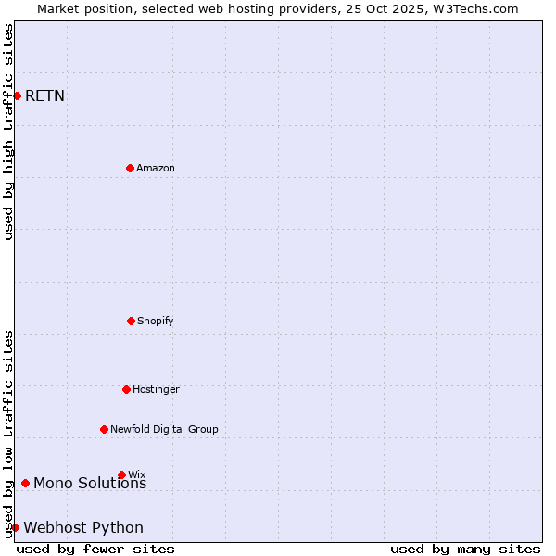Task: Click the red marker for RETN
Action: pos(17,95)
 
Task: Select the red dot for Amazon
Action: pos(130,168)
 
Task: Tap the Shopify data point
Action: pos(131,321)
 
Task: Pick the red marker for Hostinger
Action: pos(126,389)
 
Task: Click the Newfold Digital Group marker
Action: pos(104,429)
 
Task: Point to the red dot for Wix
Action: pos(121,474)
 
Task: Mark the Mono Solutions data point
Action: pos(25,483)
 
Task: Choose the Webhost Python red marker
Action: pos(15,527)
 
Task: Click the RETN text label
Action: pos(44,95)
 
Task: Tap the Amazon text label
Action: pos(156,168)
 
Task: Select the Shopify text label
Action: pos(156,321)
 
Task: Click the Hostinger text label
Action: pos(156,389)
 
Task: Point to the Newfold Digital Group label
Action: pos(164,429)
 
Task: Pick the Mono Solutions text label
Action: pos(90,483)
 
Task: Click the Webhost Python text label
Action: pos(83,527)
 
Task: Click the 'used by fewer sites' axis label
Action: pos(95,549)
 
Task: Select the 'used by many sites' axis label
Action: pos(465,549)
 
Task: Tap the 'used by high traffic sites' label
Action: pos(8,132)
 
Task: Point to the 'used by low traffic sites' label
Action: pos(8,434)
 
